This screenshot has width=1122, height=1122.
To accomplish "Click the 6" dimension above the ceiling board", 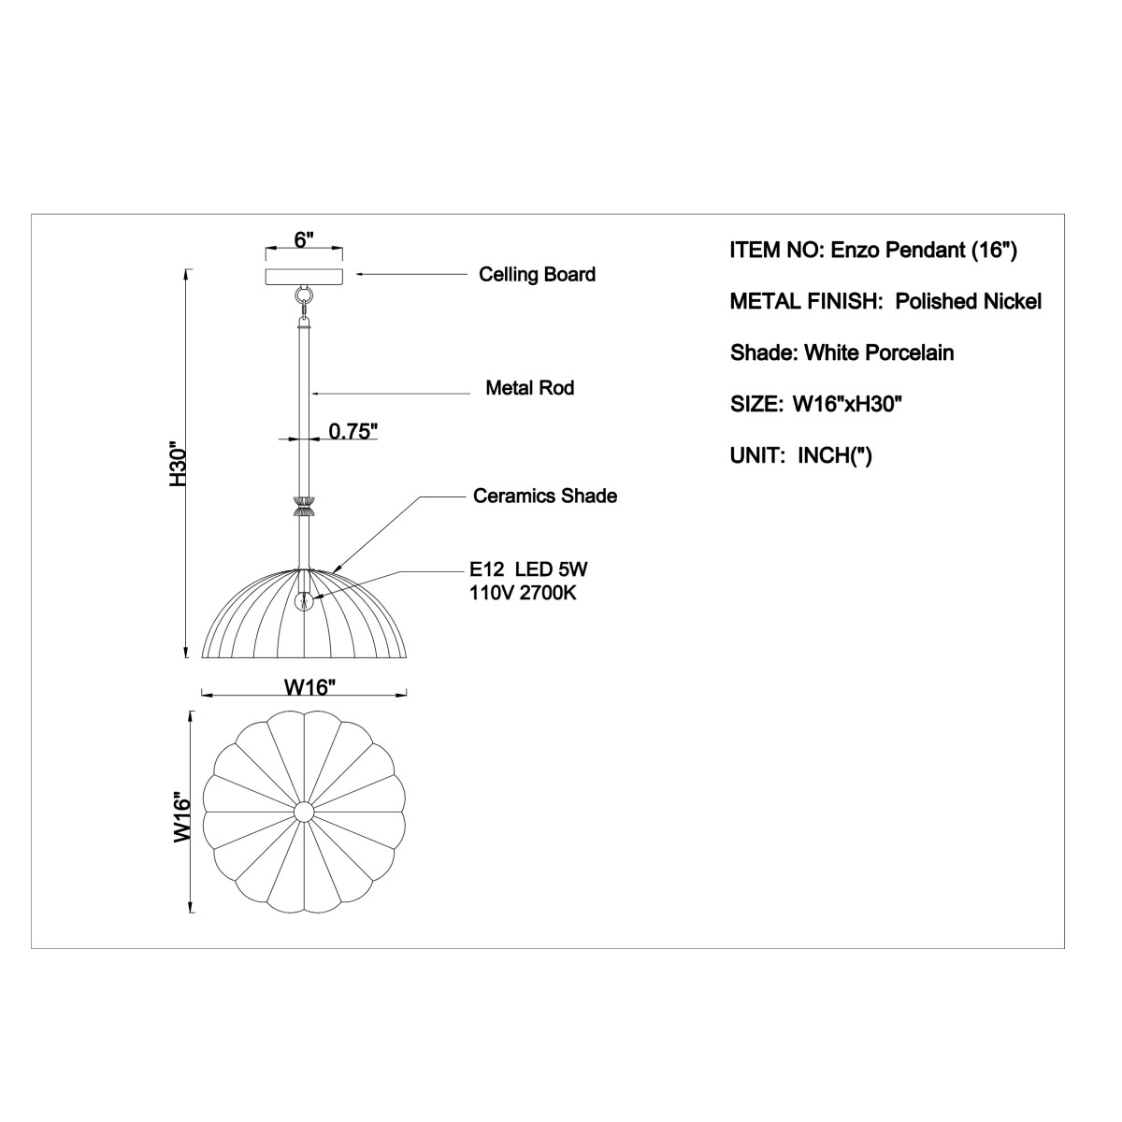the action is coord(304,240).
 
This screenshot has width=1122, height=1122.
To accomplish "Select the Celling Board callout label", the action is coord(537,275).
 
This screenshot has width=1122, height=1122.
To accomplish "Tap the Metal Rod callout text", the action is coord(530,388).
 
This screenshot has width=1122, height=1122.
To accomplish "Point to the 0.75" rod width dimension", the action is coord(353,431).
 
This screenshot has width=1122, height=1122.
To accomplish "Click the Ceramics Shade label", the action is coord(545,496).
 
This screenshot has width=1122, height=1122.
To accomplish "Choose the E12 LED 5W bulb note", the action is coord(528,568).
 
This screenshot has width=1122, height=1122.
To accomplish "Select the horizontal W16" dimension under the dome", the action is coord(310,687).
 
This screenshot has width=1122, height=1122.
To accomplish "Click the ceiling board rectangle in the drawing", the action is coord(304,277).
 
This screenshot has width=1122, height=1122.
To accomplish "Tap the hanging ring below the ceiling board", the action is coord(303,295).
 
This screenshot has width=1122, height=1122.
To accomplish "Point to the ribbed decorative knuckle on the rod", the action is coord(303,507).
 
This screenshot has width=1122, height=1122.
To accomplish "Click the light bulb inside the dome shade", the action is coord(303,600).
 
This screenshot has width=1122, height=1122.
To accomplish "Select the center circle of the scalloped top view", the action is coord(303,812).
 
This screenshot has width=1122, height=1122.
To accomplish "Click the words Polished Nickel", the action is coord(968,302).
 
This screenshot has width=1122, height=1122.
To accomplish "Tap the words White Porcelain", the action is coord(879,352).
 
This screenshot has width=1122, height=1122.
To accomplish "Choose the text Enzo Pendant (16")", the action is coord(924,251).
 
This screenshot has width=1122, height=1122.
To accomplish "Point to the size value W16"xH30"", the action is coord(847,404).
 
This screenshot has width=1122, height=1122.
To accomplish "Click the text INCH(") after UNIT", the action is coord(835,455).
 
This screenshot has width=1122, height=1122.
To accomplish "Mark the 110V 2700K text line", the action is coord(523,594).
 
